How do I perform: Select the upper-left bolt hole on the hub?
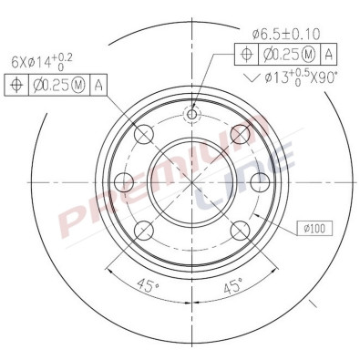point(145,136)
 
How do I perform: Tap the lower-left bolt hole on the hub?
point(145,229)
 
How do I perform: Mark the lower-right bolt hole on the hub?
point(240,229)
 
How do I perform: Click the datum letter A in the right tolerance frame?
point(329,54)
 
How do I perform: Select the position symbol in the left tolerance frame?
point(16,86)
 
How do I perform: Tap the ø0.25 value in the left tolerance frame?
point(57,86)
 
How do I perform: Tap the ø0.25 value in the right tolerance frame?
point(288,54)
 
